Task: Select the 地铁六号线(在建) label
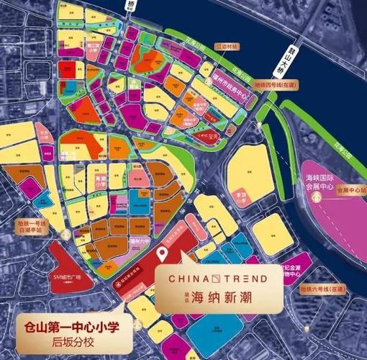point(320,289)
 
